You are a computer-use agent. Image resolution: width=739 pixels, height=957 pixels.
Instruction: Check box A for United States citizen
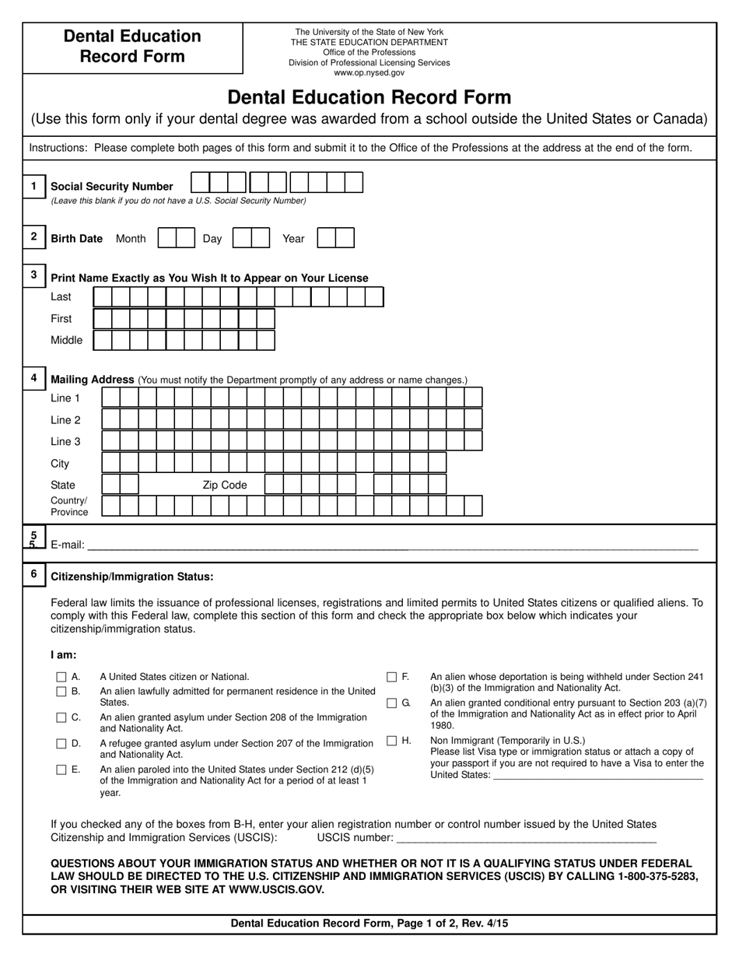coord(61,677)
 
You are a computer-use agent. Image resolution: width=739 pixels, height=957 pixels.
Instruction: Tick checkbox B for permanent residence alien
coord(61,691)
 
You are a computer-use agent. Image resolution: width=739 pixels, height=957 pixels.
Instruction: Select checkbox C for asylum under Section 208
coord(61,717)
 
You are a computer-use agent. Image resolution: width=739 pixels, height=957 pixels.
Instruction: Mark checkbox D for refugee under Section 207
coord(61,744)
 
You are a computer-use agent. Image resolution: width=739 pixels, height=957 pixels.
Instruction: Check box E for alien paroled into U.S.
coord(61,770)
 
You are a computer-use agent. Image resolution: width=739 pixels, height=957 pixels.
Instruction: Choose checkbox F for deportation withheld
coord(392,677)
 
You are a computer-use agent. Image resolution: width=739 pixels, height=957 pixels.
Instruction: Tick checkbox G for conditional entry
coord(392,703)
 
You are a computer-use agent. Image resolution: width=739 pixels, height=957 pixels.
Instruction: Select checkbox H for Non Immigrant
coord(392,741)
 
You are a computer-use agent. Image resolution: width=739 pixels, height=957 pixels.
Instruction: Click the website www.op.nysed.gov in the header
coord(369,72)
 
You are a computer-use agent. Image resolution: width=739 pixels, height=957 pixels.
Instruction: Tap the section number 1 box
coord(33,186)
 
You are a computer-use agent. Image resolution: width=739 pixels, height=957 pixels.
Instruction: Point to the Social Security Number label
coord(112,187)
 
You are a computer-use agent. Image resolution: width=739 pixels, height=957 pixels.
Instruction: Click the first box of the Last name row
coord(102,297)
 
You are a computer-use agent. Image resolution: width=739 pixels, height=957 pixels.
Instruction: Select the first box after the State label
coord(110,485)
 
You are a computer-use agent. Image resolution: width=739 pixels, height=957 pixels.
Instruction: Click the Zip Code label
coord(225,486)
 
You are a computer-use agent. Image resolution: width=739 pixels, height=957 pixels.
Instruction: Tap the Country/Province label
coord(69,507)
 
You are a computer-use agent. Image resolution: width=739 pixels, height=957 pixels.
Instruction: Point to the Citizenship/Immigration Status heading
coord(131,577)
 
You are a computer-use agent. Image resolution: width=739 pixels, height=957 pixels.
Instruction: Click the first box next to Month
coord(166,238)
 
